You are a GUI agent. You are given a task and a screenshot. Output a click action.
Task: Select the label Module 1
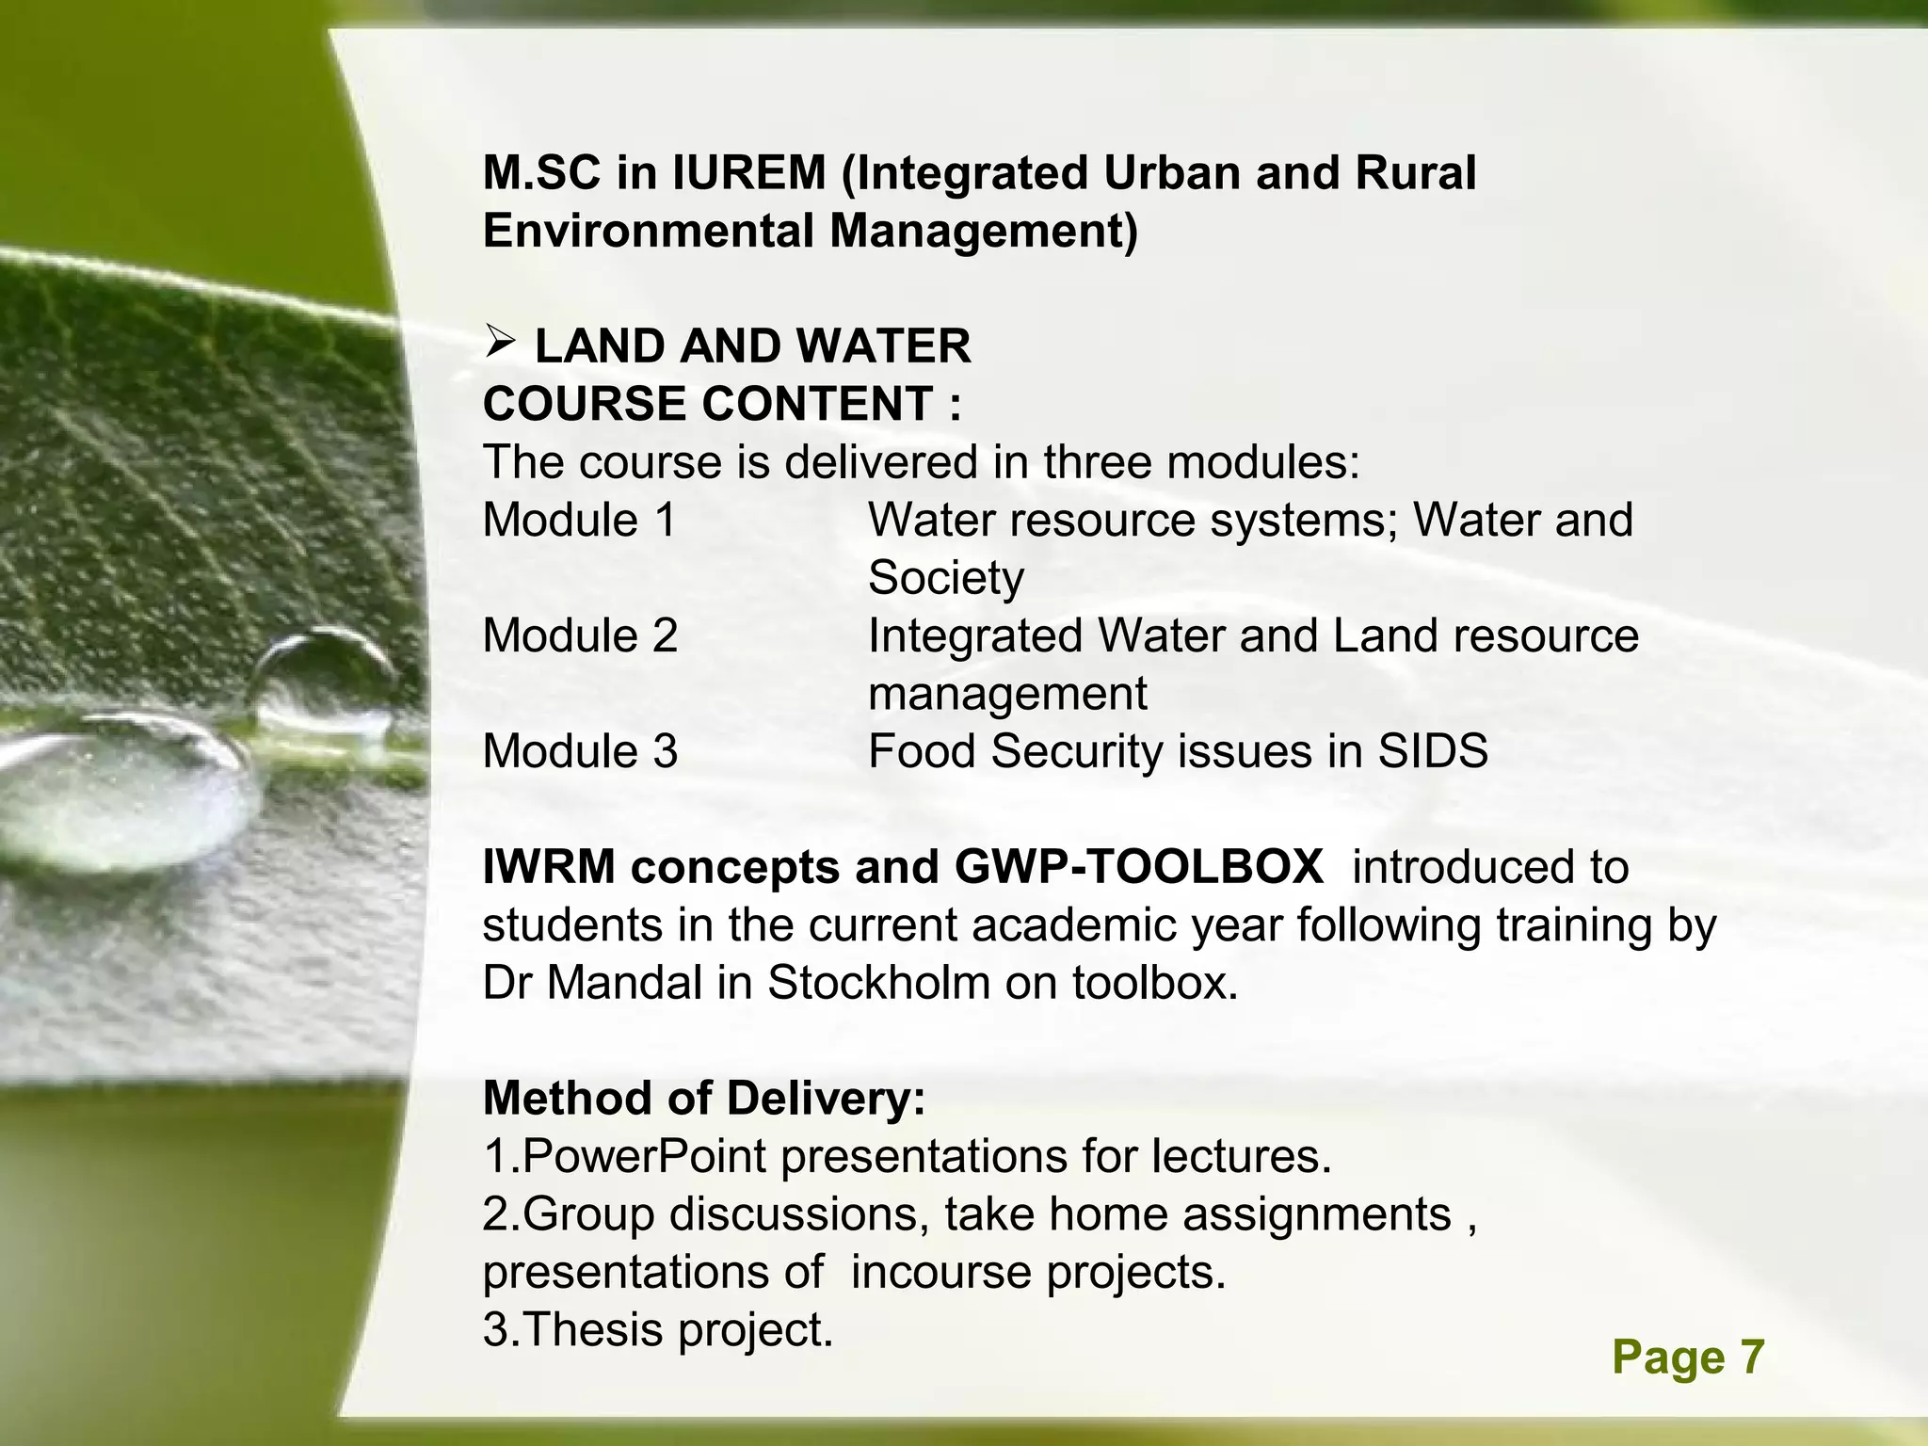click(x=579, y=520)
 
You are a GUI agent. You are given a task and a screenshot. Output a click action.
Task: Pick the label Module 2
click(x=579, y=635)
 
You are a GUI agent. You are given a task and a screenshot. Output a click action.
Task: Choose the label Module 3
click(x=579, y=751)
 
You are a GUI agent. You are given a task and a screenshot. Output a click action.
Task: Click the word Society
click(x=945, y=578)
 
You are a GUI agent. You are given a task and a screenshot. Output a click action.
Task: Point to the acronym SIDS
click(x=1433, y=751)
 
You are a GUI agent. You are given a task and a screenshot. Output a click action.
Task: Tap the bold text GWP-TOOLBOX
click(x=1138, y=867)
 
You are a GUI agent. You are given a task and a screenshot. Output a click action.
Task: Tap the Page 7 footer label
click(x=1688, y=1358)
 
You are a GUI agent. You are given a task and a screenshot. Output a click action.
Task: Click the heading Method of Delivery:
click(x=704, y=1099)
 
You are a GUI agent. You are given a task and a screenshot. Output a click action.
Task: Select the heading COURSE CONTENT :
click(x=722, y=404)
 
